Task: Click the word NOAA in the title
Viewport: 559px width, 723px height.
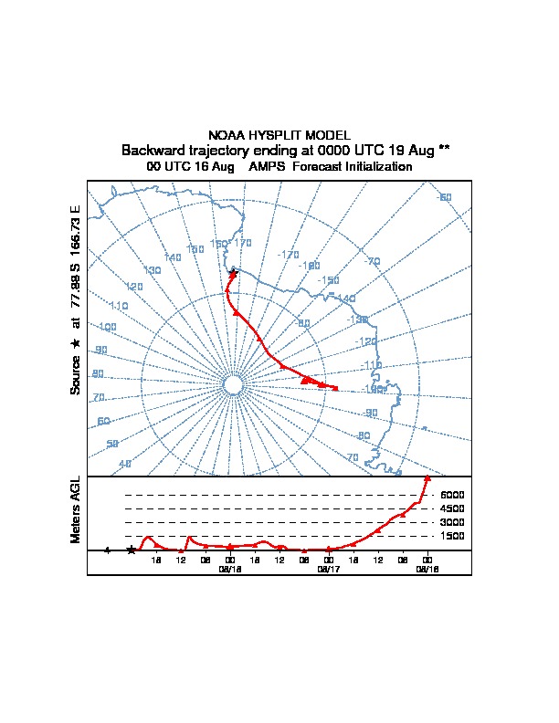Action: point(227,135)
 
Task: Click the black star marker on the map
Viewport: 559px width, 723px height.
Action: point(233,273)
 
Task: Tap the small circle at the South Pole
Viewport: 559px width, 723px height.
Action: point(232,386)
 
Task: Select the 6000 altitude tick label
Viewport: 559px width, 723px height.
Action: point(452,495)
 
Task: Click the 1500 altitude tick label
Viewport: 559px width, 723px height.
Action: point(452,536)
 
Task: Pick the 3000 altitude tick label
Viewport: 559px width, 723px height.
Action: point(452,522)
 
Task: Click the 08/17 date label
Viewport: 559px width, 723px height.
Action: point(328,569)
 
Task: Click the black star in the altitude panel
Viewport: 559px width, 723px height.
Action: point(132,550)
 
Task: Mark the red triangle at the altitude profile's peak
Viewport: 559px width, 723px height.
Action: point(427,477)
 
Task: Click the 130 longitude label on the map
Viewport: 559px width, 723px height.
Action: point(153,270)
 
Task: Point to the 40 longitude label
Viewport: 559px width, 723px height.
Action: point(125,464)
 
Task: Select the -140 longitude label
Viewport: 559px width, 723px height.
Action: point(346,299)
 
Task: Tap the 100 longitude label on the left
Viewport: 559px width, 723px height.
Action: point(108,327)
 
